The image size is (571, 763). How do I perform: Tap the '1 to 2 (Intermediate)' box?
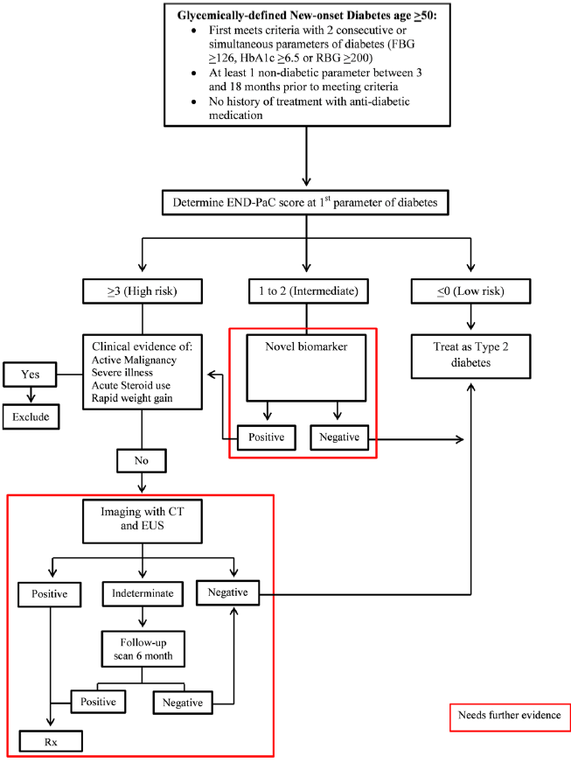303,289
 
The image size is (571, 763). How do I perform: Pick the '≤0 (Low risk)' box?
471,289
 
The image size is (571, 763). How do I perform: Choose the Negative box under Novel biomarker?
340,436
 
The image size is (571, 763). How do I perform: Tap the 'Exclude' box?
31,417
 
